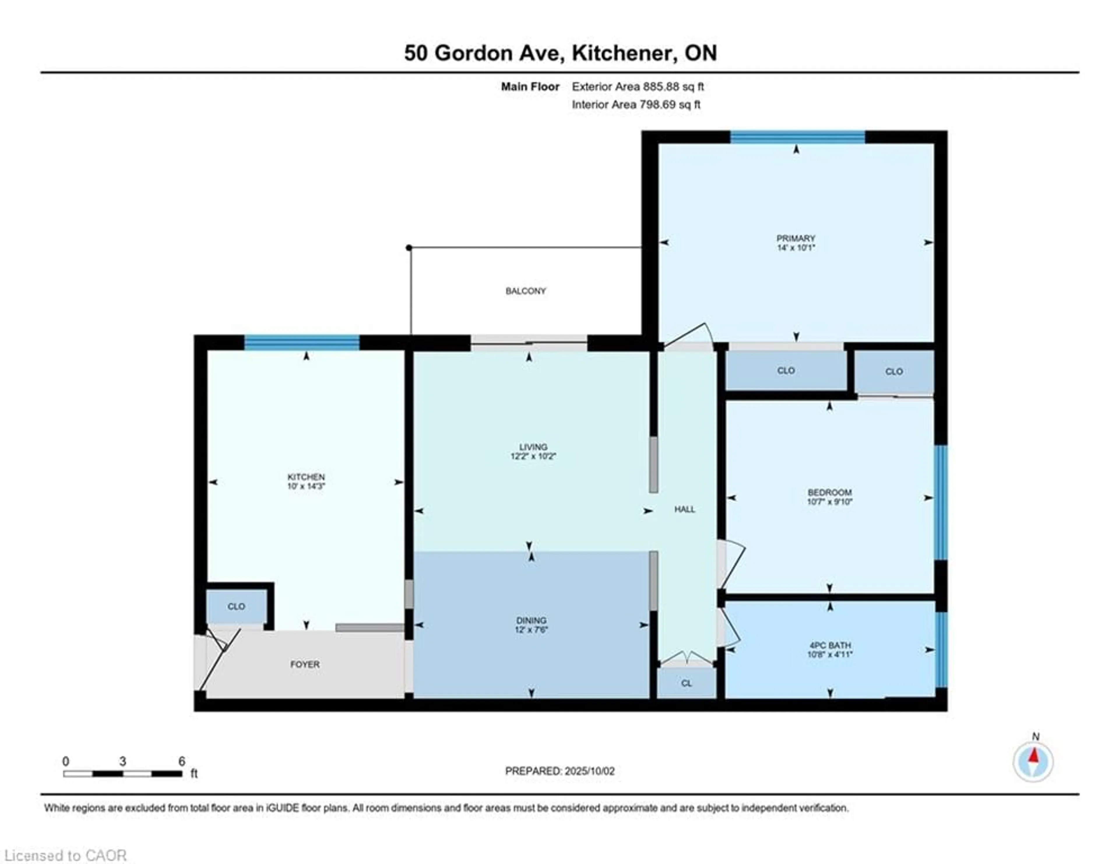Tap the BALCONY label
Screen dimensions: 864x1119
click(526, 291)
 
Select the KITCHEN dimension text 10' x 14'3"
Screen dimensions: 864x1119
click(306, 486)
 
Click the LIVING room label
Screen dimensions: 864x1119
click(533, 447)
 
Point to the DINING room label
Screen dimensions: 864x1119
click(531, 620)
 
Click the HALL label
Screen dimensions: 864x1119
click(685, 509)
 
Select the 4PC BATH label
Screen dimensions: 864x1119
click(830, 645)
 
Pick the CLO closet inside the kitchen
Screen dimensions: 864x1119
click(236, 606)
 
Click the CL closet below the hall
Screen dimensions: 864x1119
click(687, 683)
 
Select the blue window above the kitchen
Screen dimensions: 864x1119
click(302, 342)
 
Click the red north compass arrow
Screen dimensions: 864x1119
click(1034, 756)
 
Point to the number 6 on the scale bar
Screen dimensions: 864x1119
click(181, 761)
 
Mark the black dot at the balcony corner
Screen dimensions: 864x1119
click(409, 248)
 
